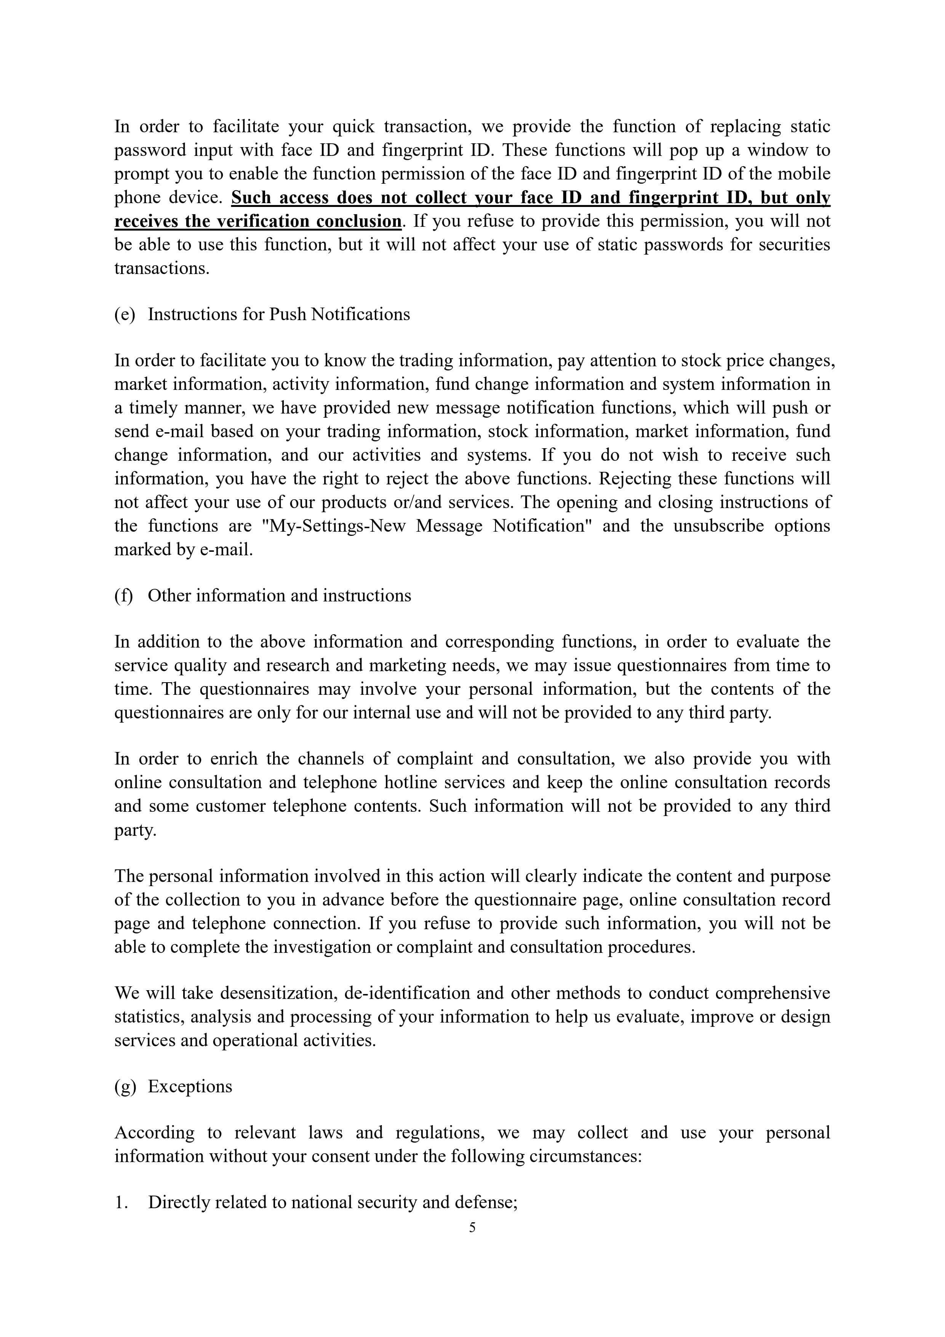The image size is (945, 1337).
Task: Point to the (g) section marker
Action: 125,1087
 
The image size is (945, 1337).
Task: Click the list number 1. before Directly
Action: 121,1202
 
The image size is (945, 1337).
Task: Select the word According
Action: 154,1133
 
